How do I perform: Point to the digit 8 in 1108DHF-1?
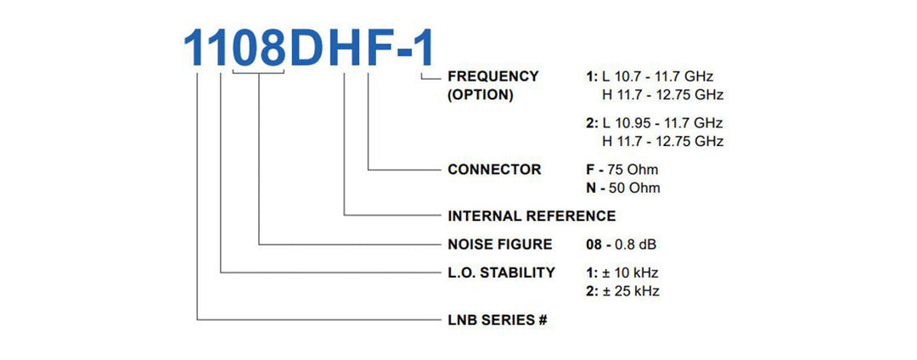click(272, 48)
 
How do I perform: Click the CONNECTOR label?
click(494, 170)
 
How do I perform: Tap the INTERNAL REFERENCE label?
click(532, 217)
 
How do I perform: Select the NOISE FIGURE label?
click(499, 245)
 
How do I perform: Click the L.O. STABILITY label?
click(501, 273)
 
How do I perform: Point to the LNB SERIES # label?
click(497, 320)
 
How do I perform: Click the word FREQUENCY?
click(493, 76)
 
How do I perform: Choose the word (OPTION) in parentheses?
click(480, 95)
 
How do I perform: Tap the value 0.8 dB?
click(633, 245)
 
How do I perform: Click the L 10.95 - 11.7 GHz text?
click(662, 123)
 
